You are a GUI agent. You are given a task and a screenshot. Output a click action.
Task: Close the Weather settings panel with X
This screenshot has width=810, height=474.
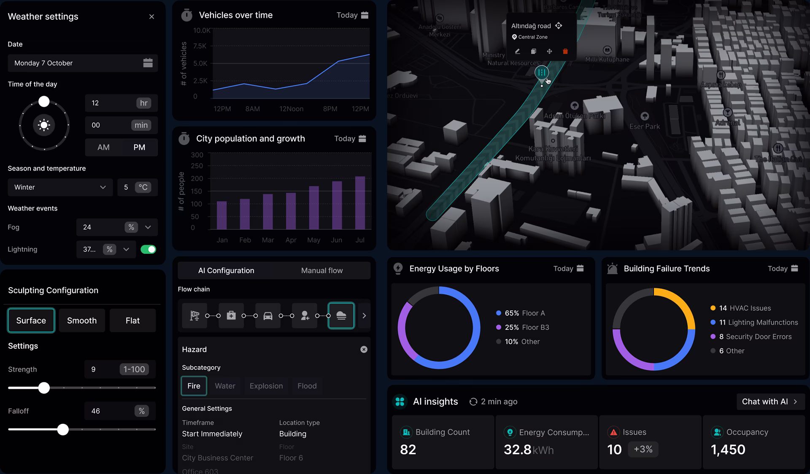151,16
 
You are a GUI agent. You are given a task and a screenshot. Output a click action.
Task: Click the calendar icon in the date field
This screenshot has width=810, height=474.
148,63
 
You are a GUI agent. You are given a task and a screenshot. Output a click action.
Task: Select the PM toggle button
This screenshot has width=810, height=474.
139,147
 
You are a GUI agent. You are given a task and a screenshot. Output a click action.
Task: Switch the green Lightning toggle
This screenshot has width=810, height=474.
148,249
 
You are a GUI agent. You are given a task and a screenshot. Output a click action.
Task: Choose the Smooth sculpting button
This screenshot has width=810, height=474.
82,320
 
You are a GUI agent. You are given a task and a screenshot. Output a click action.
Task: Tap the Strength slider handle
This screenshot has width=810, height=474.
44,388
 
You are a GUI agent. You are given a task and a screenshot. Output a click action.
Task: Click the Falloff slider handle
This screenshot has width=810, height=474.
63,429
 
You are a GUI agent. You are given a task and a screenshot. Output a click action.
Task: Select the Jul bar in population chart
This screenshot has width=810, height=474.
360,202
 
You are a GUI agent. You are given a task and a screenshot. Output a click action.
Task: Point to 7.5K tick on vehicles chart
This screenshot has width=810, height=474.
200,46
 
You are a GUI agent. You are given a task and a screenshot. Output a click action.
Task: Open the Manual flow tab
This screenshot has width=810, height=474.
322,270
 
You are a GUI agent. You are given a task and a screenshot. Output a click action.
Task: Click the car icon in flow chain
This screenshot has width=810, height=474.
268,315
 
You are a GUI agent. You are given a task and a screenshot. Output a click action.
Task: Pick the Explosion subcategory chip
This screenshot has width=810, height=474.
266,386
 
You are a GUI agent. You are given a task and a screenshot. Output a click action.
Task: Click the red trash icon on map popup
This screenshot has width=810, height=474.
565,51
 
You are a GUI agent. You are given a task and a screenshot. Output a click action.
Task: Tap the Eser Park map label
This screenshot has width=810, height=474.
644,126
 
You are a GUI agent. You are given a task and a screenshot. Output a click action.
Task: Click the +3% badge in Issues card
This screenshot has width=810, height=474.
643,449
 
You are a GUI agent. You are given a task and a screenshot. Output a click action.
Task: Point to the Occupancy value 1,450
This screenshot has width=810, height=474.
728,450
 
